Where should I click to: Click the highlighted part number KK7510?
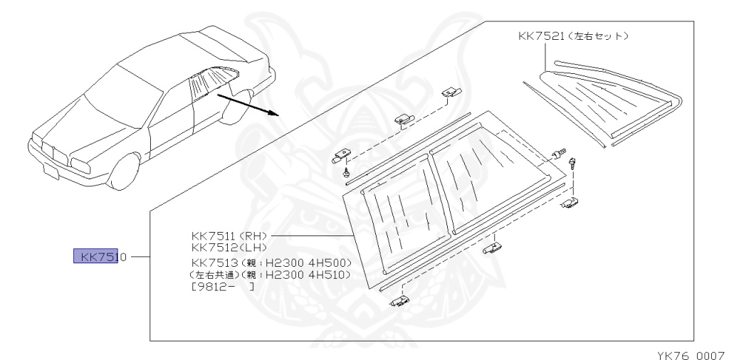(100, 257)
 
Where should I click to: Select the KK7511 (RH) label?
(228, 235)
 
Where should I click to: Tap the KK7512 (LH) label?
(227, 247)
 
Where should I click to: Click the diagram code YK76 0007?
(689, 352)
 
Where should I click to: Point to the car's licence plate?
(51, 171)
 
